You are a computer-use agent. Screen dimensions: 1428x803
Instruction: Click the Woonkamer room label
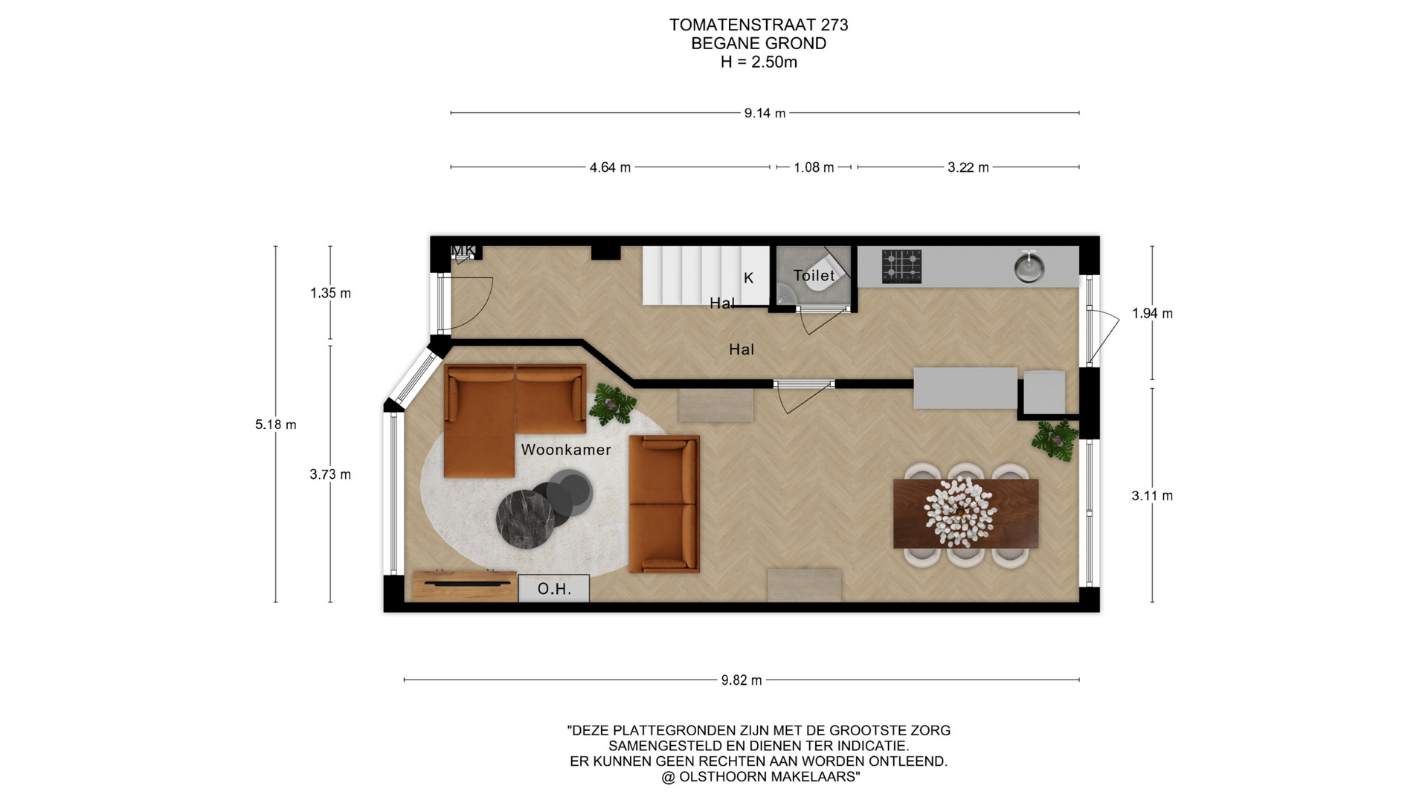tap(566, 450)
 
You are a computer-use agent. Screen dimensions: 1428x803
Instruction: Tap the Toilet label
tap(814, 275)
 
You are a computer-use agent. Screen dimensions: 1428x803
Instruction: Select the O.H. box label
tap(554, 589)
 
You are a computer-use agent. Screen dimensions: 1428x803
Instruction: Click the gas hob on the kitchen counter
tap(901, 266)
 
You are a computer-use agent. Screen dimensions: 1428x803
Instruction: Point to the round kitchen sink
tap(1029, 267)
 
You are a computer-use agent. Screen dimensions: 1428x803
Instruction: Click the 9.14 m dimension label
tap(765, 113)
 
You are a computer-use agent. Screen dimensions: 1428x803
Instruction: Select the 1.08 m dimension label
tap(814, 167)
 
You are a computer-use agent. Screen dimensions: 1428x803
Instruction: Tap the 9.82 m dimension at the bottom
tap(742, 680)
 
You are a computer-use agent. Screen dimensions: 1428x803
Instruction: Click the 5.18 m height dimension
tap(276, 425)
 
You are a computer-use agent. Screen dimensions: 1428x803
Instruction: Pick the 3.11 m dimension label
tap(1152, 496)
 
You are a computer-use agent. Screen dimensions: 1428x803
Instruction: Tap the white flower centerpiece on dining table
tap(960, 512)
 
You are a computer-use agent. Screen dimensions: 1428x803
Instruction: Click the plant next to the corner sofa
tap(612, 404)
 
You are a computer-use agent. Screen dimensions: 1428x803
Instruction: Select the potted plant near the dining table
tap(1055, 440)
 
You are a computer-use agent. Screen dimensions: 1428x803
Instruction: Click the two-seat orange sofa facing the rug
tap(664, 504)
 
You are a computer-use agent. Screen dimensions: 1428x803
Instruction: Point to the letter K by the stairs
tap(749, 278)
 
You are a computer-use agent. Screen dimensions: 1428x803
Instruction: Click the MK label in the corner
tap(463, 251)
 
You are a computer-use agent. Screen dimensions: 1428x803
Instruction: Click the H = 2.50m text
tap(759, 62)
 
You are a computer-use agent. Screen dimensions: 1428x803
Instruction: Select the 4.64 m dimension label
tap(610, 167)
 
